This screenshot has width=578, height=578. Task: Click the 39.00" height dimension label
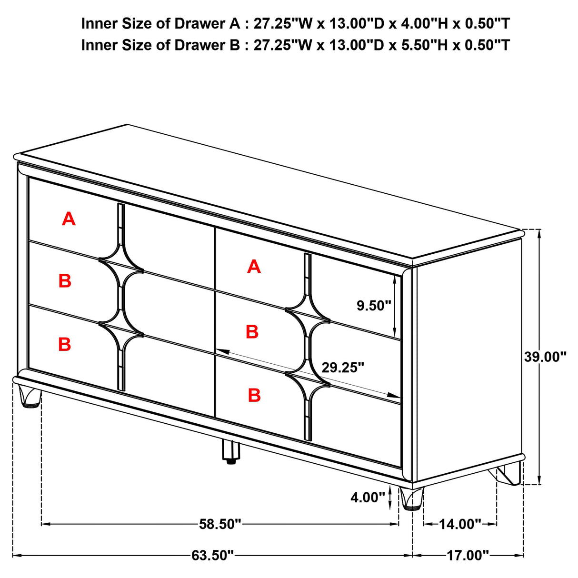[x=545, y=357]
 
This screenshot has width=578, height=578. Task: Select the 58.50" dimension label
[x=220, y=524]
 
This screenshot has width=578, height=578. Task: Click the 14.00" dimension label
[x=460, y=524]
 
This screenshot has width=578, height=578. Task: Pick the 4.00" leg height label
[x=368, y=498]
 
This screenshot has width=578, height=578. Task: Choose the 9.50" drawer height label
[x=374, y=306]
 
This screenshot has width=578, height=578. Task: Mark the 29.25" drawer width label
[x=343, y=368]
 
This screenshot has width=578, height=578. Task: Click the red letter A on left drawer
[x=69, y=219]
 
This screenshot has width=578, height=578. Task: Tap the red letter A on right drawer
[x=254, y=267]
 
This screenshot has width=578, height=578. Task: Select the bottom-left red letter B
[x=65, y=344]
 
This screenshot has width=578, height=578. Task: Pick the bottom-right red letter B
[x=254, y=395]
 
